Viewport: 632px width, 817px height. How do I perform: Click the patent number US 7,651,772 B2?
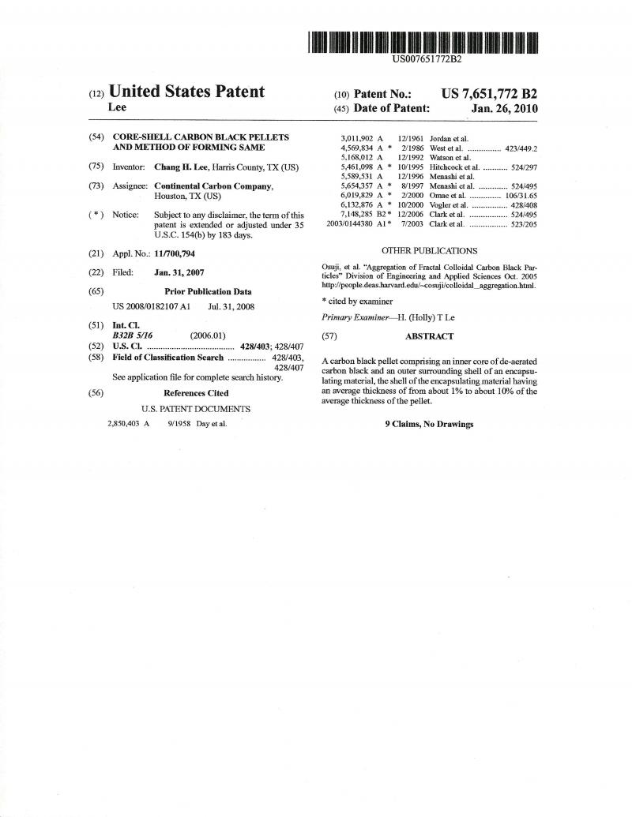click(489, 93)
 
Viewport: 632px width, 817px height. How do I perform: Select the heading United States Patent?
click(186, 92)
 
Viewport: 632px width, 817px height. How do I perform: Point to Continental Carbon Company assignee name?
click(213, 186)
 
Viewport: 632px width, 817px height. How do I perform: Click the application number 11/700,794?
click(174, 253)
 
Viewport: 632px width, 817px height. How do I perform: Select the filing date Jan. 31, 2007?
click(179, 272)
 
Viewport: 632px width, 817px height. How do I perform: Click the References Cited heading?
click(196, 393)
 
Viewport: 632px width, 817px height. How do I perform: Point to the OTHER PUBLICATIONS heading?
click(429, 251)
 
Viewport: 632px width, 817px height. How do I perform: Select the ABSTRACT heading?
click(429, 336)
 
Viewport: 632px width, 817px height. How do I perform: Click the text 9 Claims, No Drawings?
click(429, 424)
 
